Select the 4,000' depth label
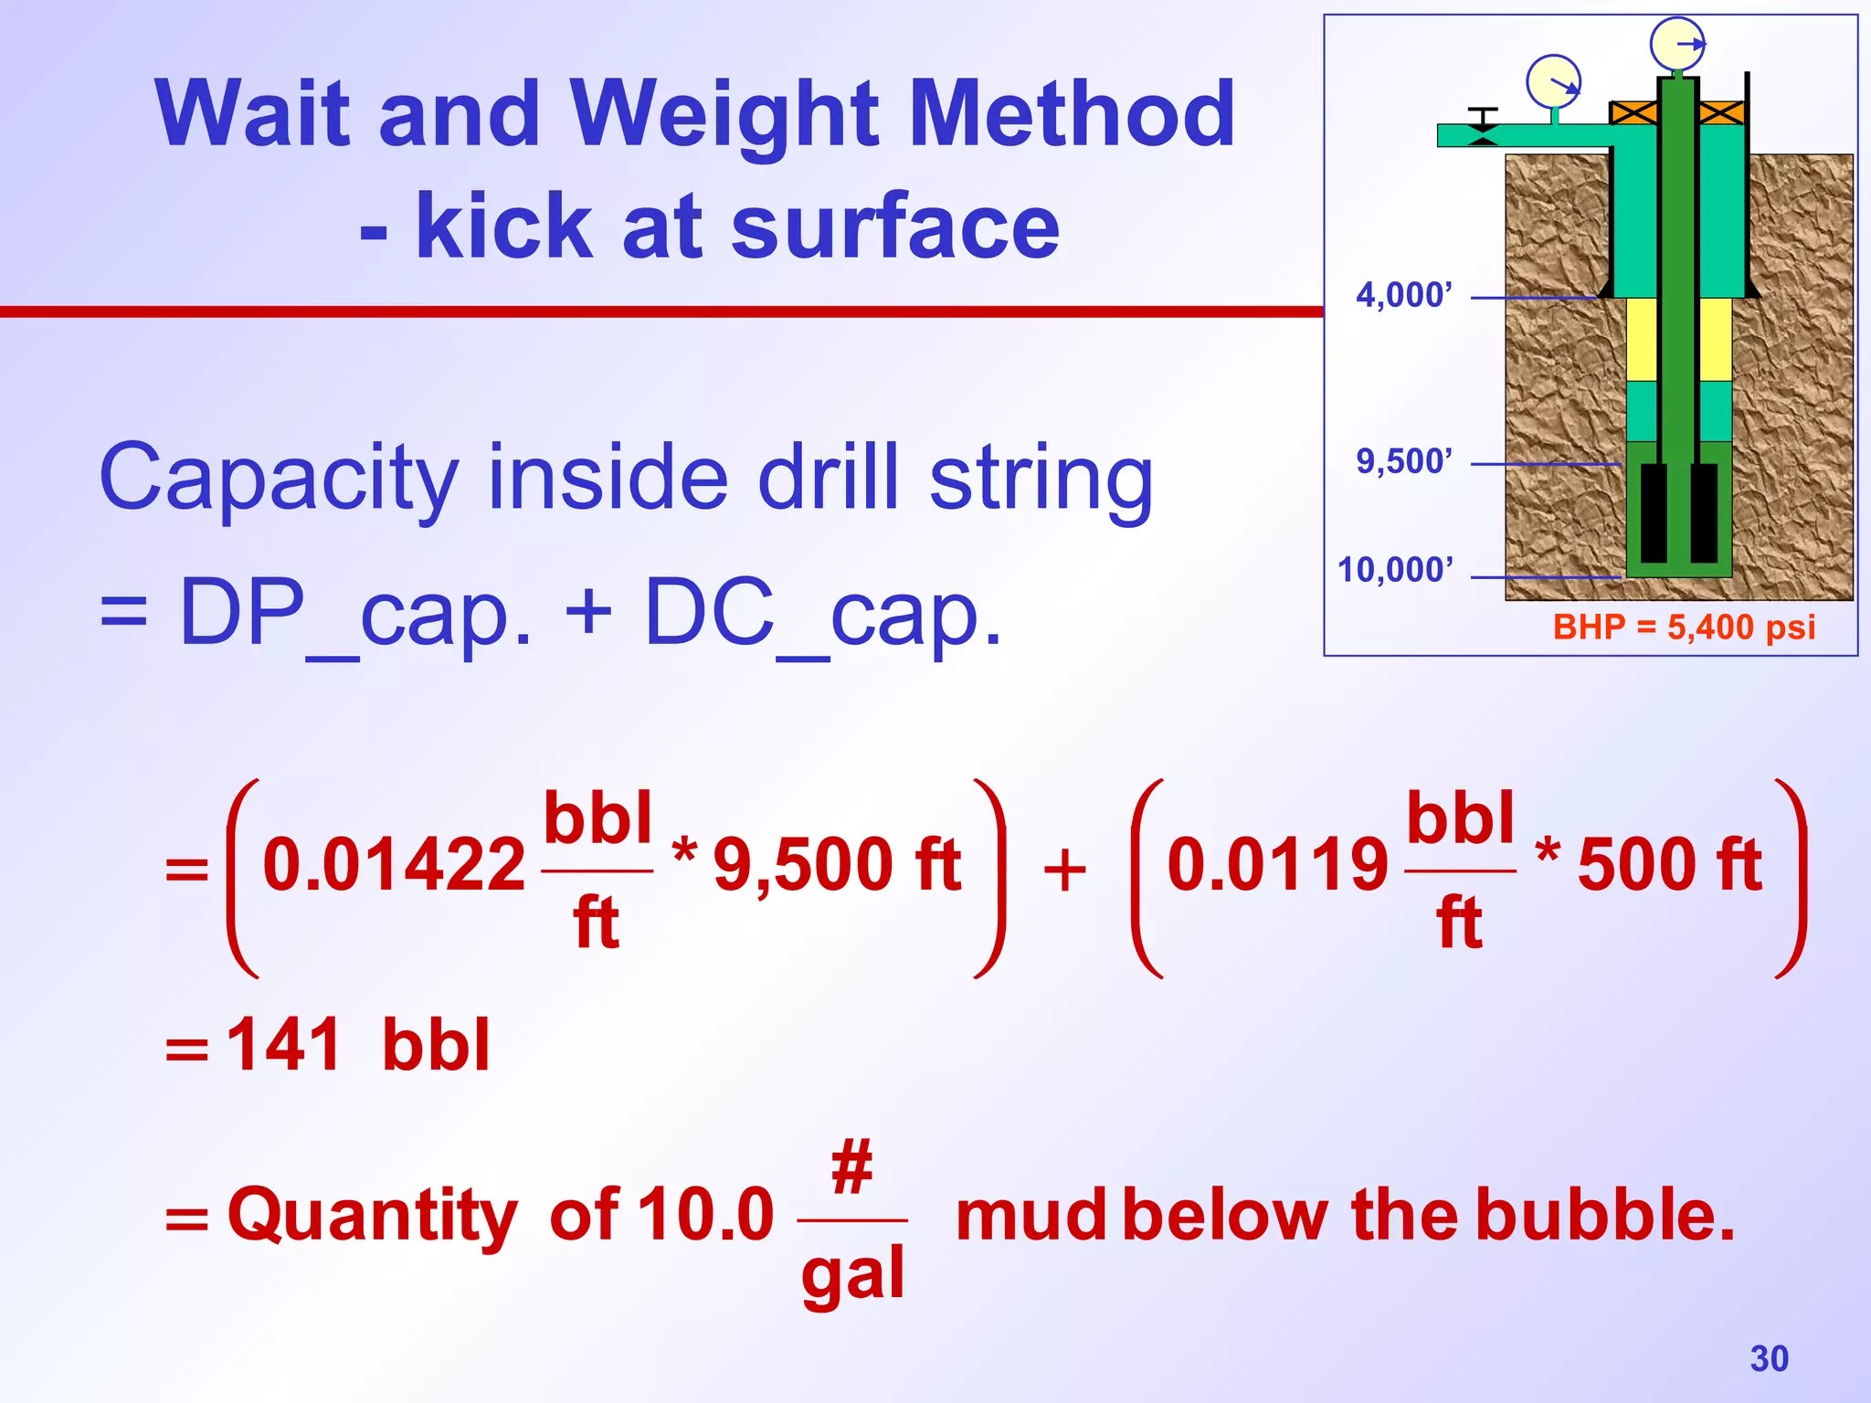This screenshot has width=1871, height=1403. [x=1403, y=296]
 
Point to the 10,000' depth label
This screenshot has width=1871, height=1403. [x=1395, y=570]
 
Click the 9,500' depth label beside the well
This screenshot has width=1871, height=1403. [x=1403, y=462]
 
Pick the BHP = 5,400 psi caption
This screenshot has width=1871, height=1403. [x=1684, y=628]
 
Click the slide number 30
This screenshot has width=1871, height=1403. [x=1769, y=1358]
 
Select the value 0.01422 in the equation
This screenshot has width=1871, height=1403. [x=394, y=865]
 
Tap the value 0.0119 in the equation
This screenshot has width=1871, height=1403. [x=1277, y=865]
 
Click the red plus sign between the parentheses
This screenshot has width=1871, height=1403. [x=1064, y=870]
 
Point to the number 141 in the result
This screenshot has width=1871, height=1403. [x=283, y=1045]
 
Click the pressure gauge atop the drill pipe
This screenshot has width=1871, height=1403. [x=1677, y=44]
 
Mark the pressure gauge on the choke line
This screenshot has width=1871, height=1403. [x=1553, y=82]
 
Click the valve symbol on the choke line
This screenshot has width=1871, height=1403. [x=1482, y=128]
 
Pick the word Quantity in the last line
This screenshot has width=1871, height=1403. [x=373, y=1218]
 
